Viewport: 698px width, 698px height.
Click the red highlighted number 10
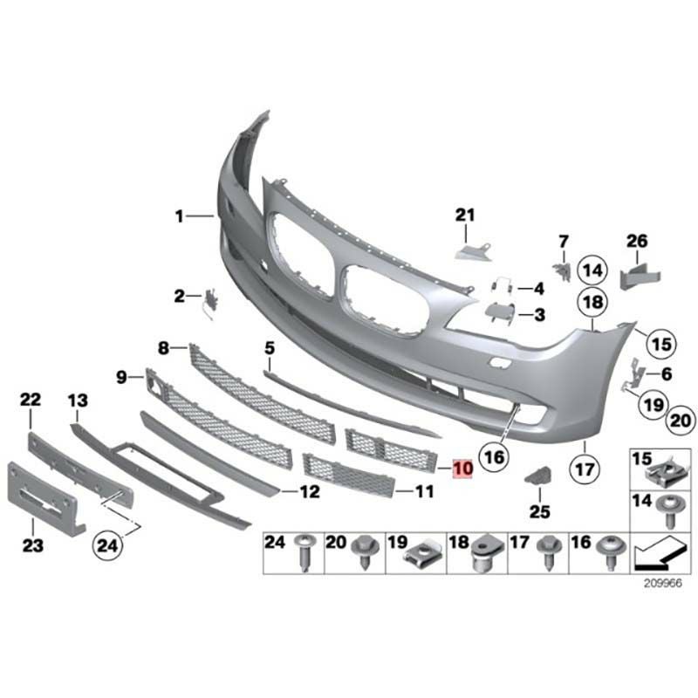(462, 469)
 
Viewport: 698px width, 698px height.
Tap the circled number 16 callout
(495, 457)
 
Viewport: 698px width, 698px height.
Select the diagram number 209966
(663, 583)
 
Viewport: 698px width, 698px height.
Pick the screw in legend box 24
(305, 552)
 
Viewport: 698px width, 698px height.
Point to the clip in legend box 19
(422, 553)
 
